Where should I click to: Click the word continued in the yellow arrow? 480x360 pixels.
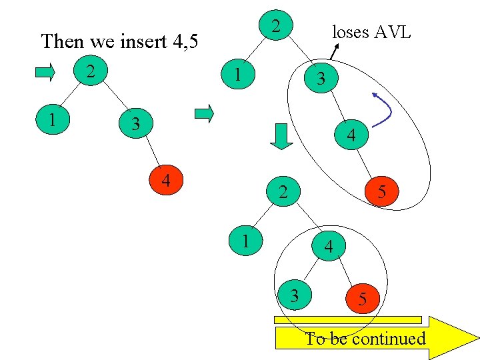(389, 339)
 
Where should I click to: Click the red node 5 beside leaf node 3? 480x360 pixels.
(362, 299)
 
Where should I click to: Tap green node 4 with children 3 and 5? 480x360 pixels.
(327, 246)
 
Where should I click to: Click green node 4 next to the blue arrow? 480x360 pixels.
(351, 136)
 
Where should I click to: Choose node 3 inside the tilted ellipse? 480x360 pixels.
(321, 79)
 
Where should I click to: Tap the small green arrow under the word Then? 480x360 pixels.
(45, 71)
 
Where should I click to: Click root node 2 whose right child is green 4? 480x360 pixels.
(283, 193)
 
